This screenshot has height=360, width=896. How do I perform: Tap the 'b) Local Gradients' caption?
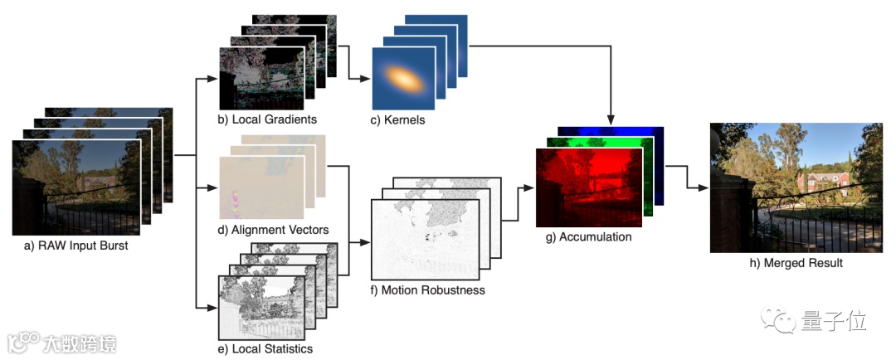pyautogui.click(x=267, y=119)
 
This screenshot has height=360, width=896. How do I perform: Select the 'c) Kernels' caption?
pyautogui.click(x=398, y=119)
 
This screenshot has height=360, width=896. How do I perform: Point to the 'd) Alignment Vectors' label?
pyautogui.click(x=274, y=230)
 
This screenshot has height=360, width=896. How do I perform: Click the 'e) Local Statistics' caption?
pyautogui.click(x=265, y=348)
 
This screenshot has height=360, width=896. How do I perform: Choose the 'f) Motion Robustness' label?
pyautogui.click(x=428, y=290)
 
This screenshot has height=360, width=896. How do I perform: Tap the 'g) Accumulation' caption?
pyautogui.click(x=588, y=236)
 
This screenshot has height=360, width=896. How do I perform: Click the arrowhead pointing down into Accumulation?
pyautogui.click(x=611, y=118)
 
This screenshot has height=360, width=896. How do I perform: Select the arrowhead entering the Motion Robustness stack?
pyautogui.click(x=365, y=243)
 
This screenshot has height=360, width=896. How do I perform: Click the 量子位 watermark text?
pyautogui.click(x=822, y=319)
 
